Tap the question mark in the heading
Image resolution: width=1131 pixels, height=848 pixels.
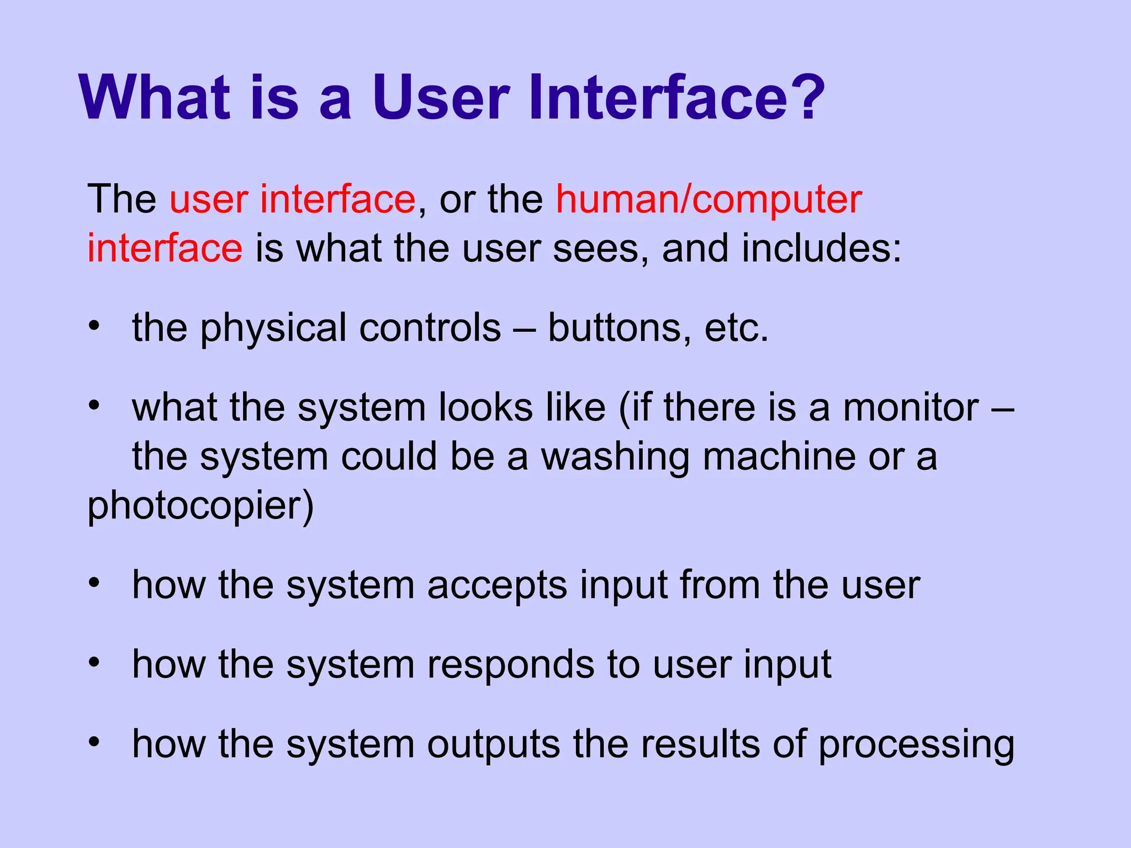point(807,98)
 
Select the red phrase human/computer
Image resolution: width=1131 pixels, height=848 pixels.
point(709,200)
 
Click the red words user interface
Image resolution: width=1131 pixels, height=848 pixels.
point(292,200)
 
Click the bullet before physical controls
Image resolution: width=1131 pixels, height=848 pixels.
point(94,326)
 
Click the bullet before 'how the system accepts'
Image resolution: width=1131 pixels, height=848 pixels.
point(94,583)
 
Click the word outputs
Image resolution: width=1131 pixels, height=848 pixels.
point(493,744)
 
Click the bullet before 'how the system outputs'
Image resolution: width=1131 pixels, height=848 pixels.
point(94,742)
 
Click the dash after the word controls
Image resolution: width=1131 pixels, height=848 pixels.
point(524,329)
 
